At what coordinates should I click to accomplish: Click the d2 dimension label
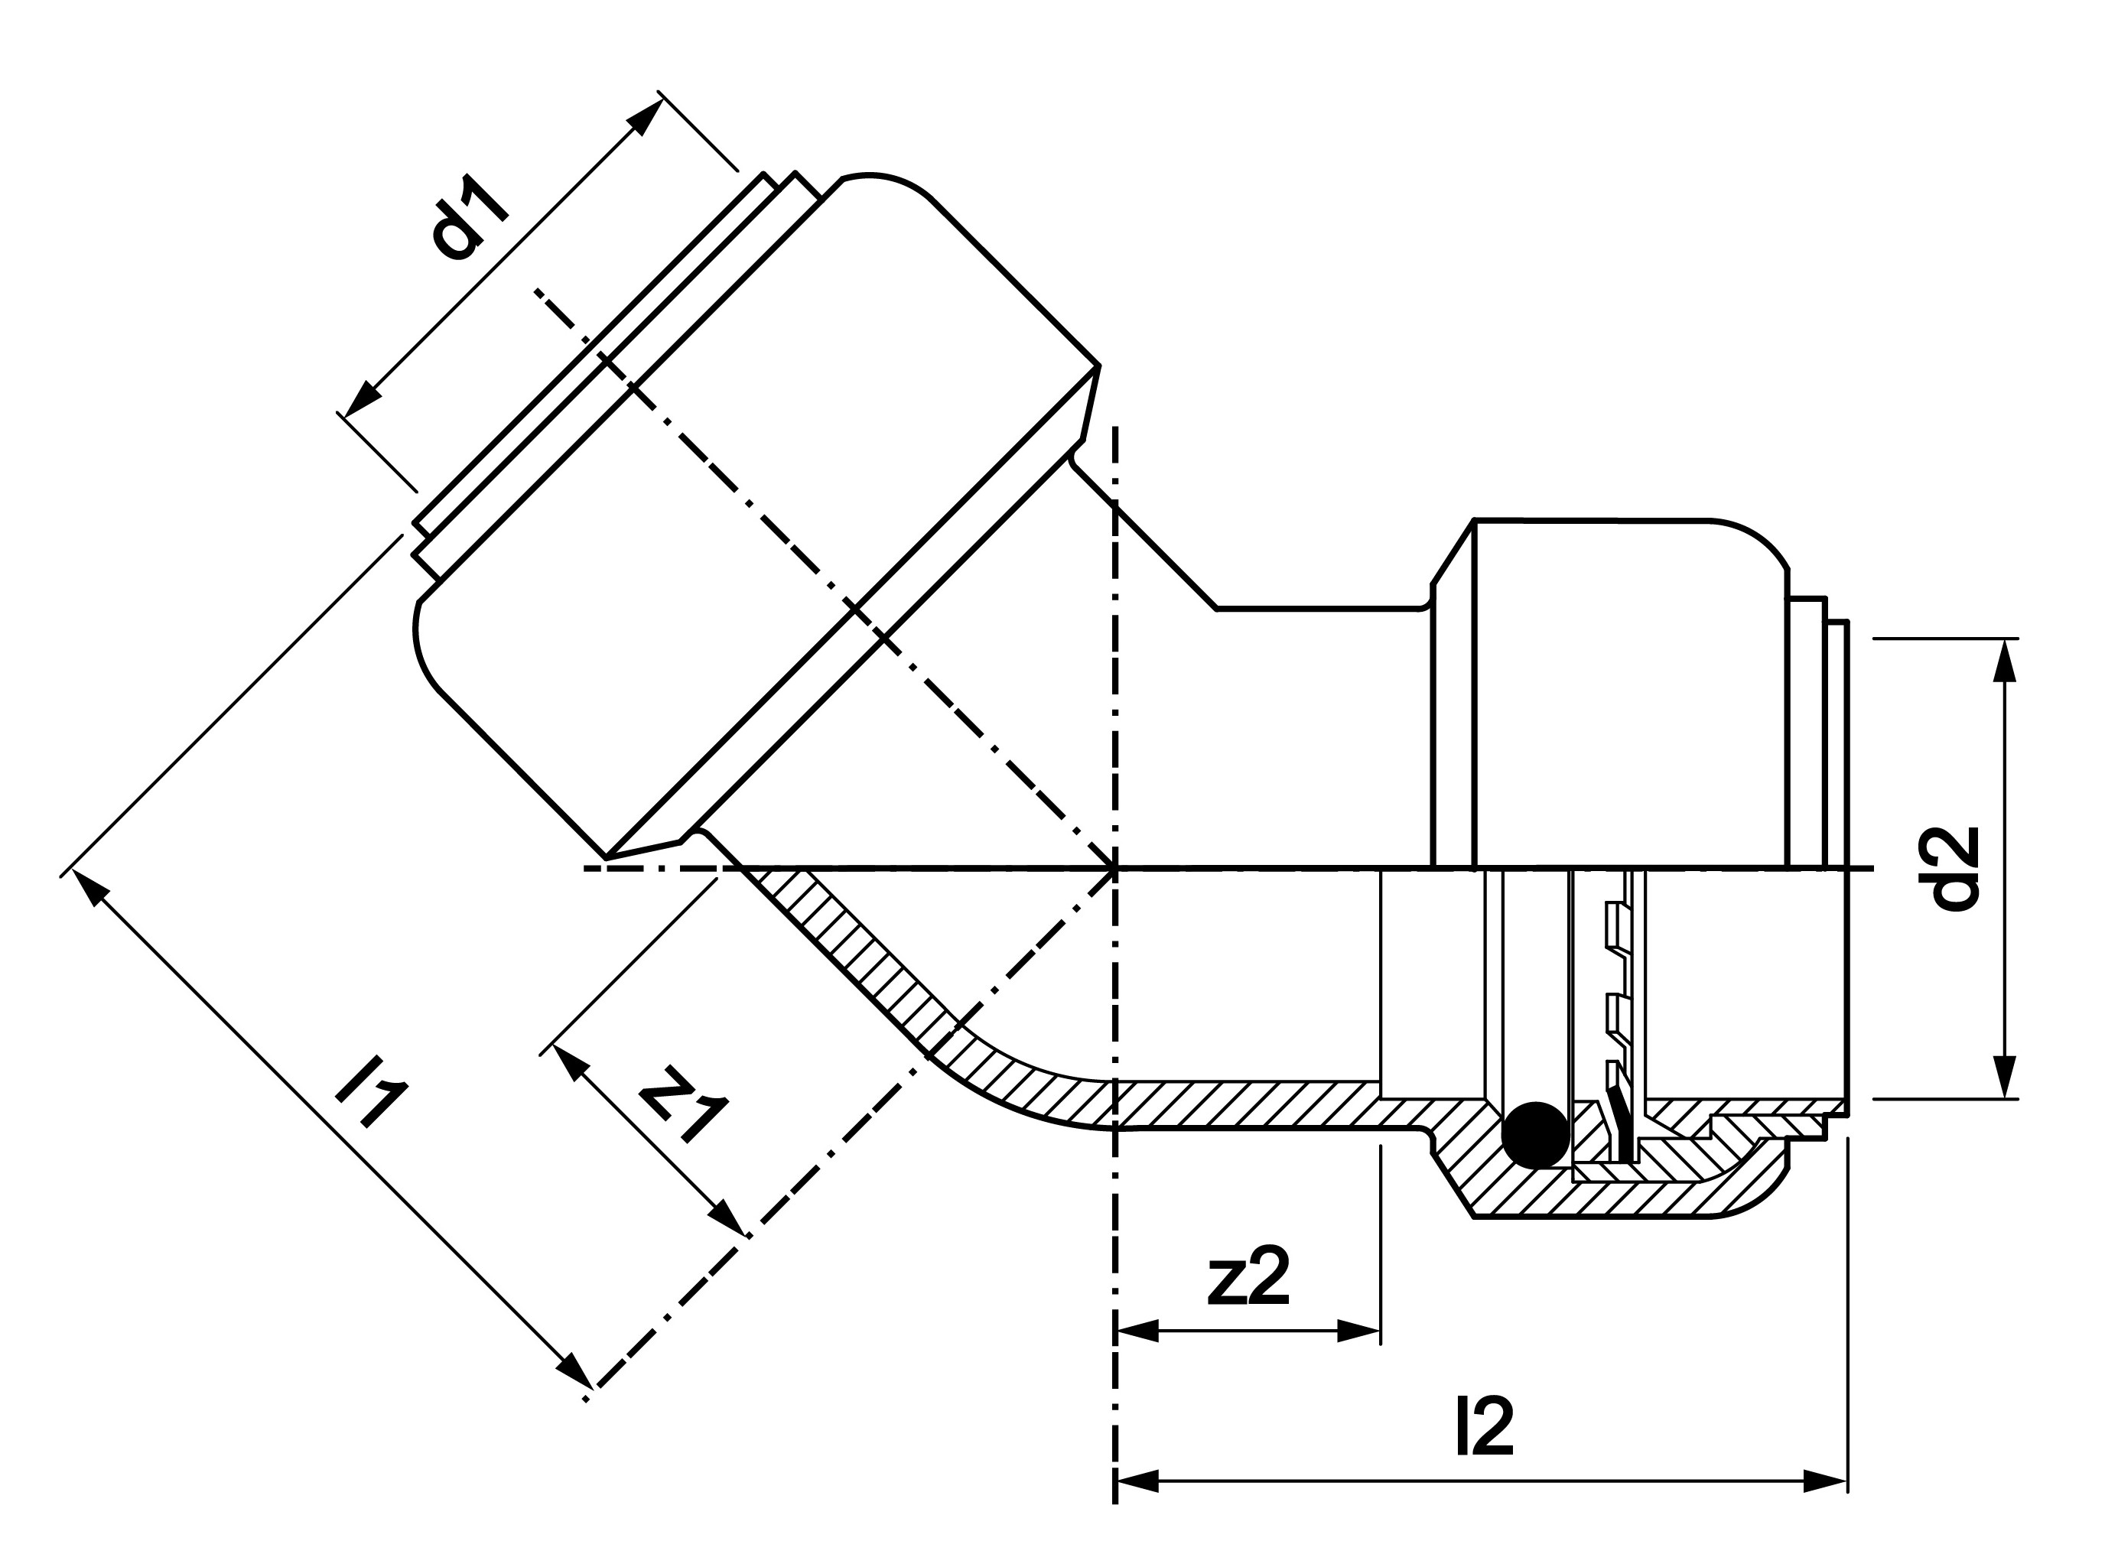[1955, 868]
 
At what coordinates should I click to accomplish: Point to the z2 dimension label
[1248, 1276]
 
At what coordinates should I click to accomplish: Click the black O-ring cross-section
[1535, 1134]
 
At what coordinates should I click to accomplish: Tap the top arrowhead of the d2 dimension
[2005, 660]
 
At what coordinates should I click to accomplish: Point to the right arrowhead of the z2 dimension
[1358, 1331]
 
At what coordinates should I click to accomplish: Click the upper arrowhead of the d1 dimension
[645, 118]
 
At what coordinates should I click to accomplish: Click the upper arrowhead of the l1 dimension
[86, 889]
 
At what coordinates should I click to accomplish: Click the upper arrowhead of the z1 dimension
[569, 1061]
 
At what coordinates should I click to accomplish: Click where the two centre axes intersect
[1115, 868]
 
